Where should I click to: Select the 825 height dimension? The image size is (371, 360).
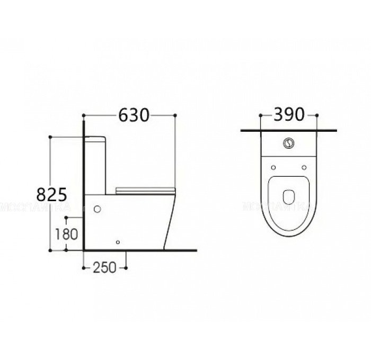(x=51, y=194)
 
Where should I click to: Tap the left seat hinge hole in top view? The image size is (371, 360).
(x=273, y=167)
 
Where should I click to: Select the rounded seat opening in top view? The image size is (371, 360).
(x=289, y=196)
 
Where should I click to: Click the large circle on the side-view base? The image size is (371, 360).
(x=97, y=209)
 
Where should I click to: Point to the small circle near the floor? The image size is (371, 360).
(x=118, y=242)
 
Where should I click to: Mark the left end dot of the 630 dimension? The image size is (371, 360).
(x=84, y=115)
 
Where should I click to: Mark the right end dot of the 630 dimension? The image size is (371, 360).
(x=175, y=115)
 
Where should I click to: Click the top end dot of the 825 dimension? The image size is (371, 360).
(x=50, y=137)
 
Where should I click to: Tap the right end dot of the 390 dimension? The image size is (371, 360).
(x=316, y=115)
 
